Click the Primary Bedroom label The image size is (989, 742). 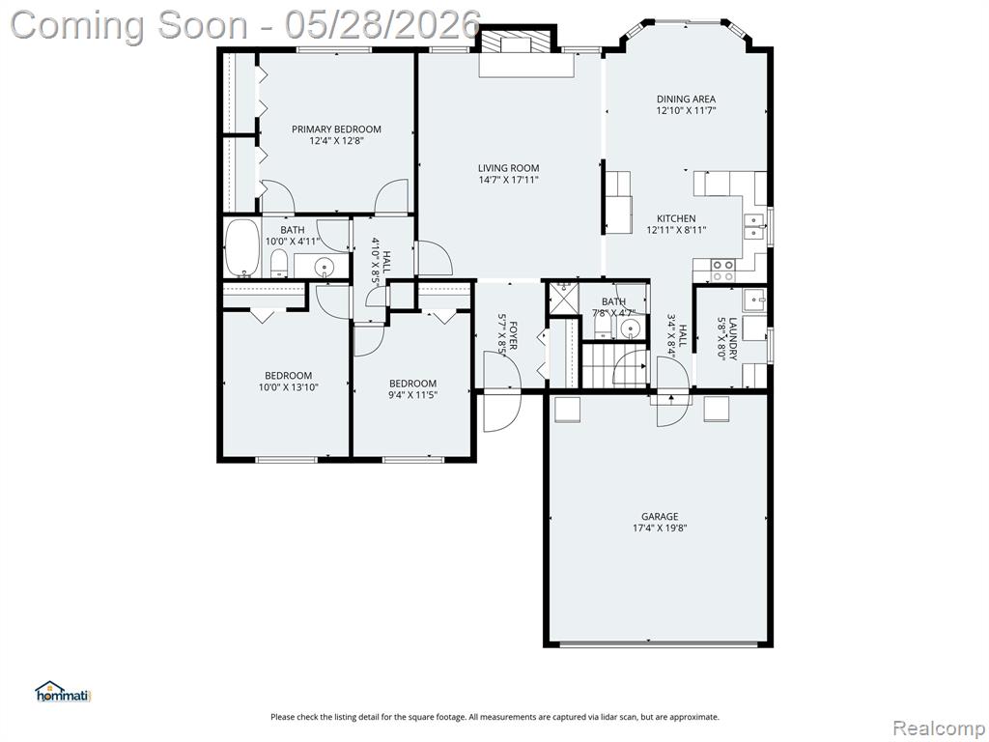point(336,129)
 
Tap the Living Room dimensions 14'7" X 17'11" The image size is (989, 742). point(508,180)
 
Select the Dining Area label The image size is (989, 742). point(687,100)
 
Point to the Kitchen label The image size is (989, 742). point(677,218)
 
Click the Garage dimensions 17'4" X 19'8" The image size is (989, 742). point(660,528)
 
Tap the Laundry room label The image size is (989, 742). point(733,338)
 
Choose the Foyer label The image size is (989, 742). point(514,336)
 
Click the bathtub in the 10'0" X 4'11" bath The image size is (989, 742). point(241,248)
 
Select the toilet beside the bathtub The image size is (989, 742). point(278,264)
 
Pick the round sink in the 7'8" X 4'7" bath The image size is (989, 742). point(629,328)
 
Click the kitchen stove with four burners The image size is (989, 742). point(722,271)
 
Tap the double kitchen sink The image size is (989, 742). point(753,226)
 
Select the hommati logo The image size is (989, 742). point(64,692)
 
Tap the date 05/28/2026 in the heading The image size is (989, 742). point(382,25)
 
